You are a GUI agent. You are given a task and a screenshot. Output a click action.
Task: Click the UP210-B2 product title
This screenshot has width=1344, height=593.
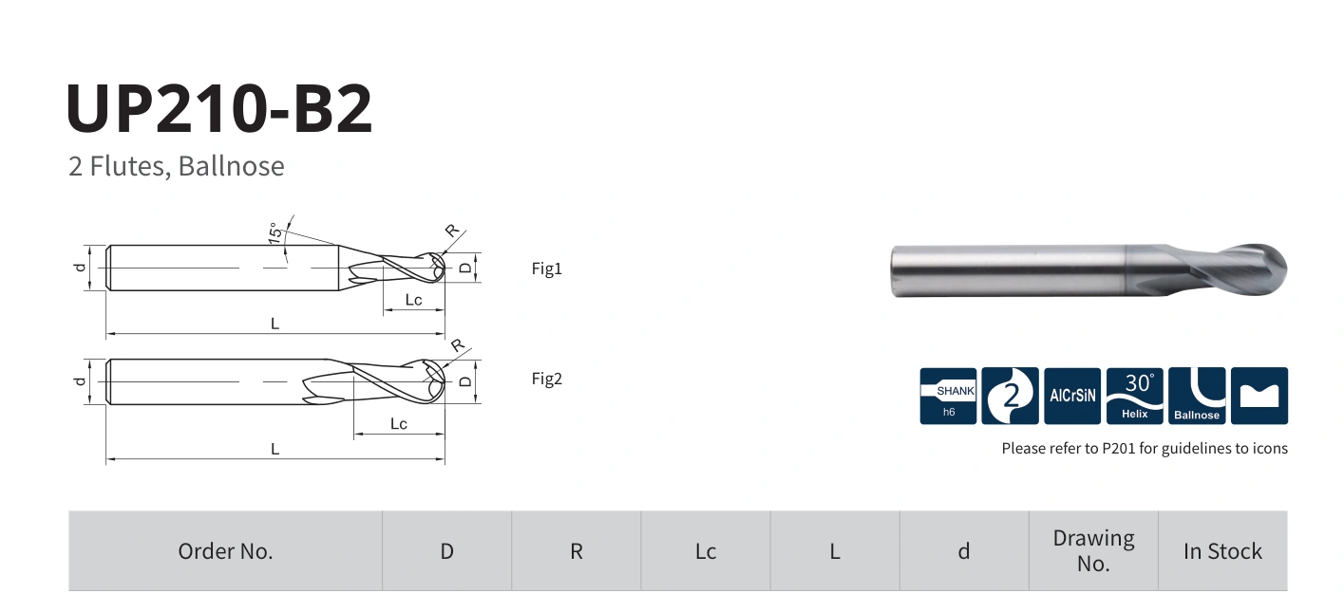coord(219,108)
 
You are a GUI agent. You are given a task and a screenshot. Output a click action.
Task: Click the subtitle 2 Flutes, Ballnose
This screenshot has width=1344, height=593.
coord(177,166)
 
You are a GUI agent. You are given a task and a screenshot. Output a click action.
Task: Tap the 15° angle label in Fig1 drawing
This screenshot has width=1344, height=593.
coord(274,232)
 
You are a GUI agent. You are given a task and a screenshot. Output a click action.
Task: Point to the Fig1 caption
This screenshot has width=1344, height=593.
coord(546,268)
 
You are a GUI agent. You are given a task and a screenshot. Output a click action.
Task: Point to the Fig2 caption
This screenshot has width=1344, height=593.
coord(546,379)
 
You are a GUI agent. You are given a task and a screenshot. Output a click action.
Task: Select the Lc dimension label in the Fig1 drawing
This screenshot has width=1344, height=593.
coord(413,300)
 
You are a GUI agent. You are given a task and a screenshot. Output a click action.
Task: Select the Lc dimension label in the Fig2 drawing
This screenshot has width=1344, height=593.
coord(398,424)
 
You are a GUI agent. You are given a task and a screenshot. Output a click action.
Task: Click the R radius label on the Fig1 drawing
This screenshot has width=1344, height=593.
coord(452,231)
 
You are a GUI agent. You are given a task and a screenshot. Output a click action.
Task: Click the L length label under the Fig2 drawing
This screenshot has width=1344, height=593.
coord(274,449)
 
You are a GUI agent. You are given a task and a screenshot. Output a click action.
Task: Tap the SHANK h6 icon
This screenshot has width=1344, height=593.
coord(948,396)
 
